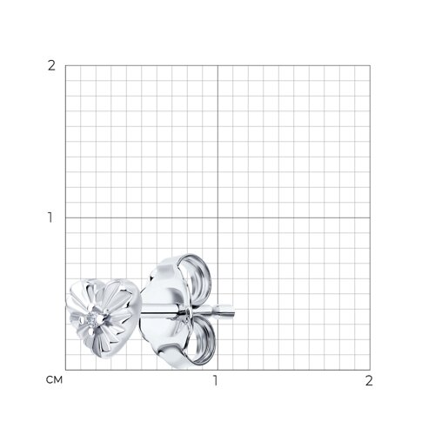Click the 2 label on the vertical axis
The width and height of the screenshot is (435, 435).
[x=51, y=66]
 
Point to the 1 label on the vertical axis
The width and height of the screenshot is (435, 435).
[x=50, y=217]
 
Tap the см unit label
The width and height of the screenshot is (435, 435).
[x=54, y=380]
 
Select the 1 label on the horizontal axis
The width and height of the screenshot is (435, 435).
[x=215, y=381]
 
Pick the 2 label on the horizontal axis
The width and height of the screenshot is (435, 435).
[x=369, y=381]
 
